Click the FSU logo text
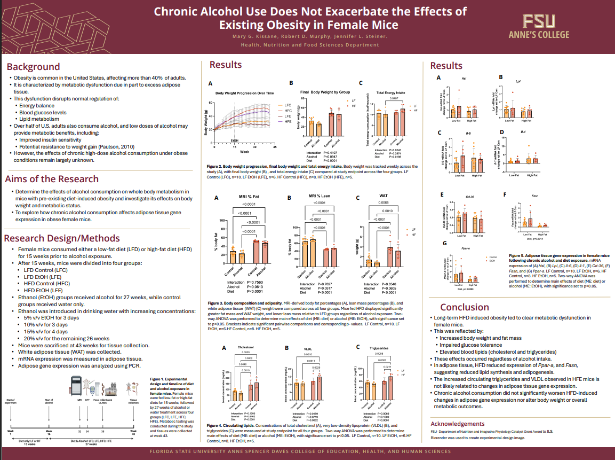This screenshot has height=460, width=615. click(x=539, y=21)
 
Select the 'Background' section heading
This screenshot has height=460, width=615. click(x=33, y=67)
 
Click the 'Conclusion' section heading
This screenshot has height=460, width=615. click(x=465, y=307)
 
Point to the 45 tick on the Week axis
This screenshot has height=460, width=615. click(x=275, y=146)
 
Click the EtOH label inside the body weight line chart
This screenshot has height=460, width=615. click(x=235, y=141)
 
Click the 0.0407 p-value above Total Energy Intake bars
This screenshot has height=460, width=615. click(x=394, y=99)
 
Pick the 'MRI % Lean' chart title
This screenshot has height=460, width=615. click(x=320, y=197)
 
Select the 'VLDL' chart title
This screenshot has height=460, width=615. click(x=308, y=348)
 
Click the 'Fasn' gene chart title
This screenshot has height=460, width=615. click(x=535, y=196)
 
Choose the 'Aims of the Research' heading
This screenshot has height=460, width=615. click(x=52, y=179)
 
